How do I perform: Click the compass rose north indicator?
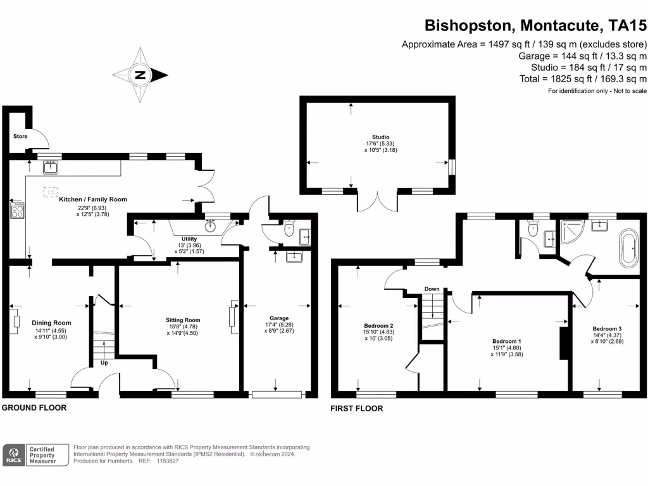tap(140, 76)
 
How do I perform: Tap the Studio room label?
tap(380, 137)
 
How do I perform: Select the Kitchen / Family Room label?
tap(93, 199)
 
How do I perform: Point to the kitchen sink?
tap(51, 167)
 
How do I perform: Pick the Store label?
tap(20, 136)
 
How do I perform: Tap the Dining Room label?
tap(52, 323)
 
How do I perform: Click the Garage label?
tap(279, 318)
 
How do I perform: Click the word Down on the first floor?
tap(432, 289)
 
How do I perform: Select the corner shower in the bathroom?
tap(572, 233)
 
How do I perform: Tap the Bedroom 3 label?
tap(607, 329)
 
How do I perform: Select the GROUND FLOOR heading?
tap(34, 408)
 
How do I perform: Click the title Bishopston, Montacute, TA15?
tap(535, 26)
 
